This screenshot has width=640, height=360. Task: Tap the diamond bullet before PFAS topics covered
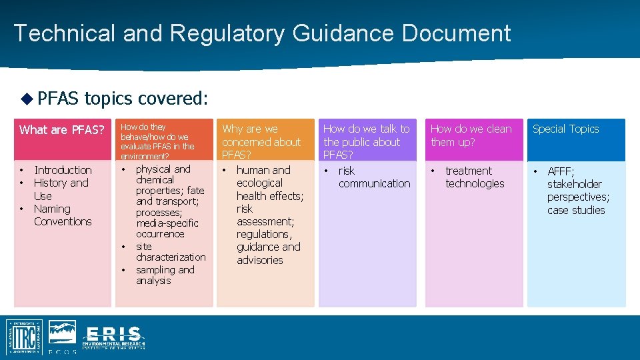coord(26,99)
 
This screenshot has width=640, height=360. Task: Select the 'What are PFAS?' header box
coord(62,130)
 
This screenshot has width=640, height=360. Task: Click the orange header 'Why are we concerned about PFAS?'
coord(261,141)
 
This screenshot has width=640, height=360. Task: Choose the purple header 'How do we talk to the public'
coord(367,141)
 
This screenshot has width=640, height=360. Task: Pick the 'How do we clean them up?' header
coord(471,135)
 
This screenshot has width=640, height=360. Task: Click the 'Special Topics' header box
coord(565,129)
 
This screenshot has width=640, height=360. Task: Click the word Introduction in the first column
coord(63,170)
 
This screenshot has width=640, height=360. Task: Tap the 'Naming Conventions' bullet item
coord(62,215)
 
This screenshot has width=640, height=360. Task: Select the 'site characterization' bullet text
coord(170,251)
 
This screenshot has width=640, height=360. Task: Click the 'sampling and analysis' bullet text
coord(165,275)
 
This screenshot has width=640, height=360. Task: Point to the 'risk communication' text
coord(373,177)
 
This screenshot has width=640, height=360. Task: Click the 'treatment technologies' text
coord(474,177)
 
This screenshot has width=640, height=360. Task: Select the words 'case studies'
coord(576,210)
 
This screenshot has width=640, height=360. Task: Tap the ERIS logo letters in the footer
coord(114,333)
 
